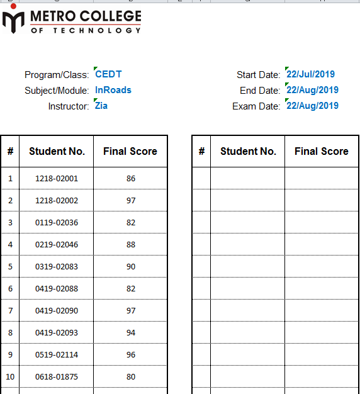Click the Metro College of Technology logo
pos(72,21)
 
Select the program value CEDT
pos(108,74)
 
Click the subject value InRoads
pos(113,90)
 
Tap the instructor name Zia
pos(101,106)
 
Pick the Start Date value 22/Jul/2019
pos(310,74)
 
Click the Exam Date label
pos(256,106)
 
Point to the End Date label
pos(260,91)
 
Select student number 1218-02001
pos(57,178)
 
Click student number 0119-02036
pos(57,222)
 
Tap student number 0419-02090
pos(57,310)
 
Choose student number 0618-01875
pos(57,376)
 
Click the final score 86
pos(131,178)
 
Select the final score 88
pos(131,244)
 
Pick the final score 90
pos(131,266)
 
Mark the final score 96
pos(131,354)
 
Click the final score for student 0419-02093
pos(131,332)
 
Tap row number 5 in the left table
pos(10,266)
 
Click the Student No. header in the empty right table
pos(248,151)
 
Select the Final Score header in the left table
pos(130,151)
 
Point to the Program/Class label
pos(57,75)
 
